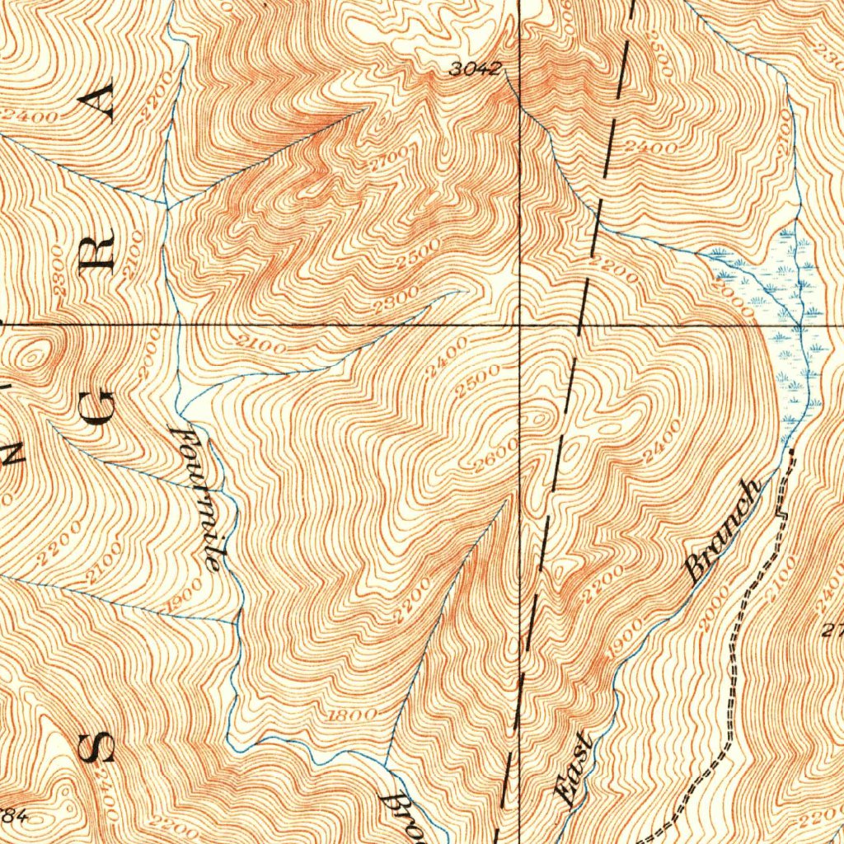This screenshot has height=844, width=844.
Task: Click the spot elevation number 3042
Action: [x=474, y=70]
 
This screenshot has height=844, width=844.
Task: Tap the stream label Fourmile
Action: [x=202, y=497]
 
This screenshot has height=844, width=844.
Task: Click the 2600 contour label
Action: [x=497, y=456]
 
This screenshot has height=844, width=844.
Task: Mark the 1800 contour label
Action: [x=353, y=715]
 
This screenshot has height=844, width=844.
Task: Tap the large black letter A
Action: [x=101, y=104]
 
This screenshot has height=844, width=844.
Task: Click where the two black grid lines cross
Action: [x=519, y=325]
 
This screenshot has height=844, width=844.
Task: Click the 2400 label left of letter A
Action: [x=29, y=116]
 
